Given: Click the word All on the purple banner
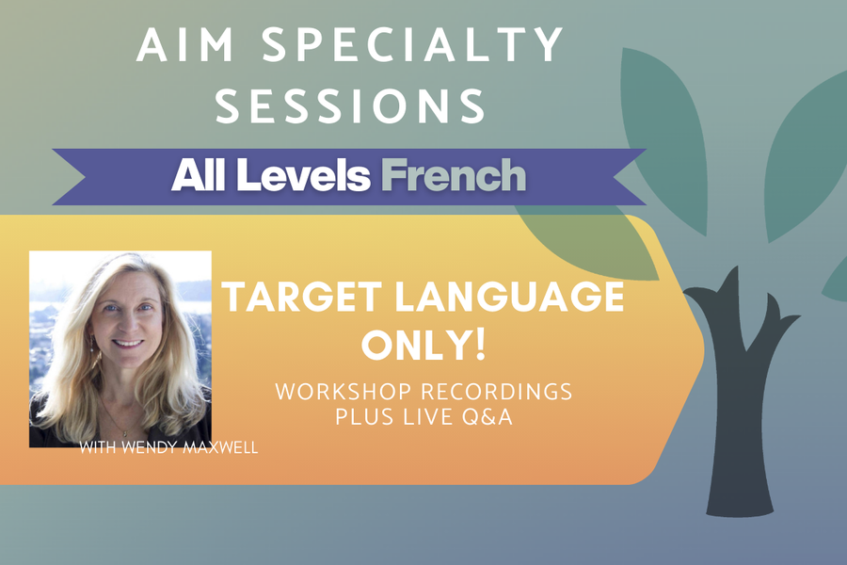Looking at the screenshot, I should (200, 175).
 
